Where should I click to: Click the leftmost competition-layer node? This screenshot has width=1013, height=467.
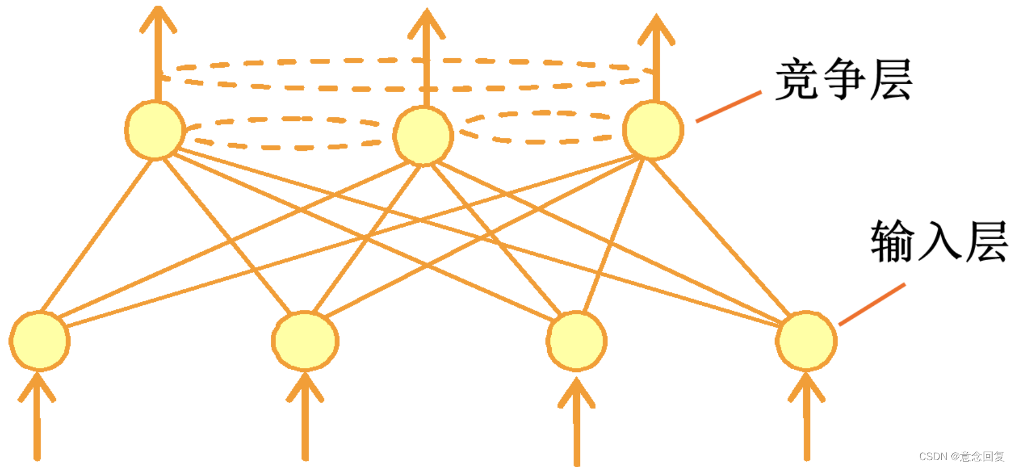pos(155,130)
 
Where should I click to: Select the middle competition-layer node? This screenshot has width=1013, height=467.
pos(423,136)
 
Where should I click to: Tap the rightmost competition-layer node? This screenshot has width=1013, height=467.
pos(653,130)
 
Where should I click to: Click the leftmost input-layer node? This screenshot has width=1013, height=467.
pos(40,341)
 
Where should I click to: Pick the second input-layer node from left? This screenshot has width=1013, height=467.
pos(305,341)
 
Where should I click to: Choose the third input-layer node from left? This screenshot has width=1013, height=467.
pos(577,341)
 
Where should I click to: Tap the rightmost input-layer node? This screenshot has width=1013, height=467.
pos(806,341)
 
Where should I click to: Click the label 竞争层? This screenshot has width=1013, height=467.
pos(843,80)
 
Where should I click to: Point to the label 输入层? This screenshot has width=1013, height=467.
pos(938,241)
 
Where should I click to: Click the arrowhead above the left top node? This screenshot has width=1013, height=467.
pos(158,20)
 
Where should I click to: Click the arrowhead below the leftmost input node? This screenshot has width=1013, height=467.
pos(37,387)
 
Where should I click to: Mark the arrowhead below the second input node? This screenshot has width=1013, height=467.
pos(305,387)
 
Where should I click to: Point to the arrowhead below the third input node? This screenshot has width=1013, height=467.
pos(577,392)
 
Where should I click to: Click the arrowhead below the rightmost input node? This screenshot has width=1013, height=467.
pos(807,387)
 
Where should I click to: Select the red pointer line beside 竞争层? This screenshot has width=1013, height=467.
pos(729,106)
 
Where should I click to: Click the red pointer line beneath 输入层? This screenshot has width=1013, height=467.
pos(872,304)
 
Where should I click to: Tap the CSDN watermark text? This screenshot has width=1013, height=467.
pos(961,456)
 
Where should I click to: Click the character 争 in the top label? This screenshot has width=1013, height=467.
pos(843,80)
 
